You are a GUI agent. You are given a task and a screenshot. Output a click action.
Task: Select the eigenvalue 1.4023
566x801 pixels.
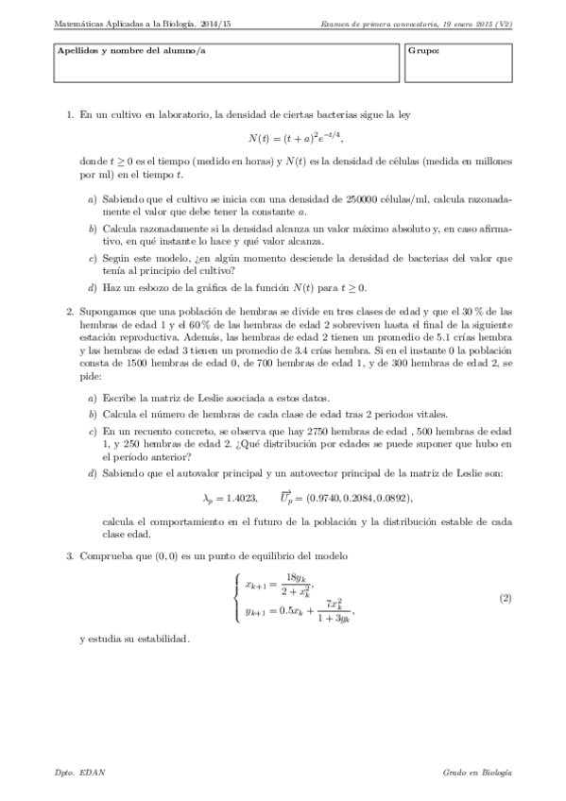[x=240, y=497]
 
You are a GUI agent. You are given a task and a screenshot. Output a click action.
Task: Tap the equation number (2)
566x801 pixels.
[x=506, y=599]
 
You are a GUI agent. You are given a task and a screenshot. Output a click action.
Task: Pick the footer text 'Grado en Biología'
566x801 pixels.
[x=477, y=773]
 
